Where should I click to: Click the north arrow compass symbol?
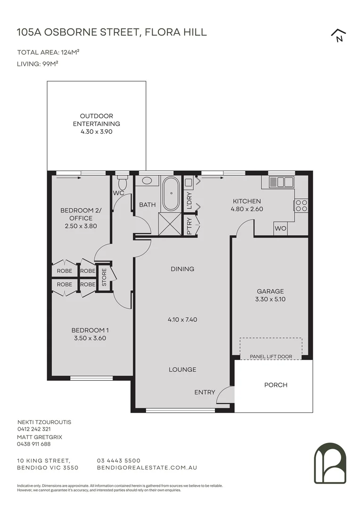pos(339,35)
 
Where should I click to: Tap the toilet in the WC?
pos(123,183)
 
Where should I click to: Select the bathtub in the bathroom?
pos(171,194)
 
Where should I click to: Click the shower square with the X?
pos(170,224)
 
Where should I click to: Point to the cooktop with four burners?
pos(301,205)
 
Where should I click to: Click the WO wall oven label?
pos(280,228)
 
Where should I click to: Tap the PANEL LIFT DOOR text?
pos(271,356)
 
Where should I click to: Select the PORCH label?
pos(276,385)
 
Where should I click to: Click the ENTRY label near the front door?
pos(205,392)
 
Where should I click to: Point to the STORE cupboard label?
pos(104,277)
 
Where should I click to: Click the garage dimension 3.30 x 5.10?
pos(270,299)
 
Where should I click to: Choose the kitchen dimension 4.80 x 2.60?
pos(247,209)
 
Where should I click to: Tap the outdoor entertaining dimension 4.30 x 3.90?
pos(97,132)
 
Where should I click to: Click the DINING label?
pos(182,269)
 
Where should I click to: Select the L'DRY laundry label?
pos(189,201)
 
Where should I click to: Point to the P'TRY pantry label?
pos(189,226)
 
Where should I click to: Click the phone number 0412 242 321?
pos(34,429)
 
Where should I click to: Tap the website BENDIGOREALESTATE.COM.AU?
pos(147,468)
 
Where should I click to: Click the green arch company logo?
pos(330,463)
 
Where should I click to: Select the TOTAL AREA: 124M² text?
pos(49,52)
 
